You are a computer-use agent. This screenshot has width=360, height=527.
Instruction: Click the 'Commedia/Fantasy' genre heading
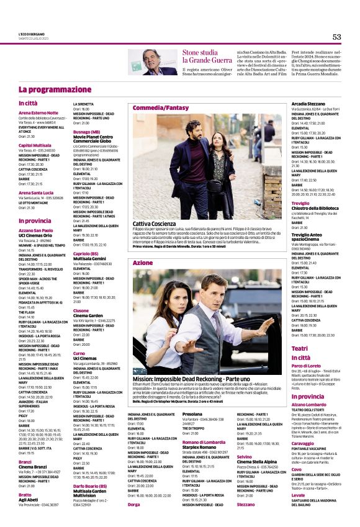(x=160, y=107)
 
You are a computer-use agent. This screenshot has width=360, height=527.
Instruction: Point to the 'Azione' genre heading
(x=143, y=263)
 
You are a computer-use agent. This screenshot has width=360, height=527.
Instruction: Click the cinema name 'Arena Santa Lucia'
(x=36, y=193)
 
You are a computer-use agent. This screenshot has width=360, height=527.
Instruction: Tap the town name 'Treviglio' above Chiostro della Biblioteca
(x=301, y=203)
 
